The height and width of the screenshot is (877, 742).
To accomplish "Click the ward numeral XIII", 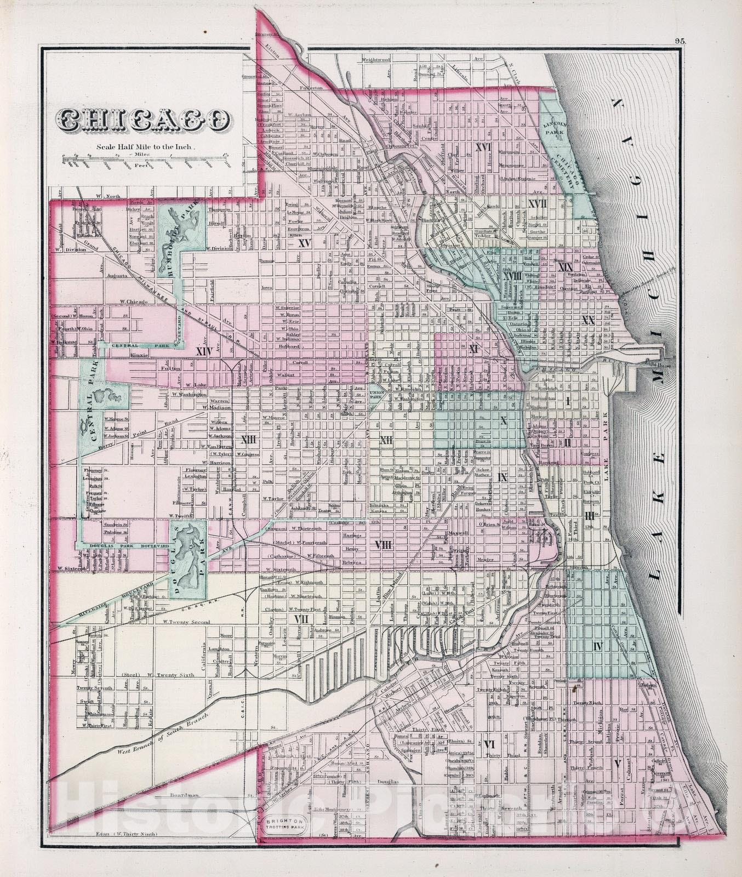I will click(x=249, y=439).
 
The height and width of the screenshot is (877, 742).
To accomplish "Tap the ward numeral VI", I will click(x=489, y=744).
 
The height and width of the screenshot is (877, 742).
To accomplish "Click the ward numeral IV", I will click(x=597, y=647).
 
